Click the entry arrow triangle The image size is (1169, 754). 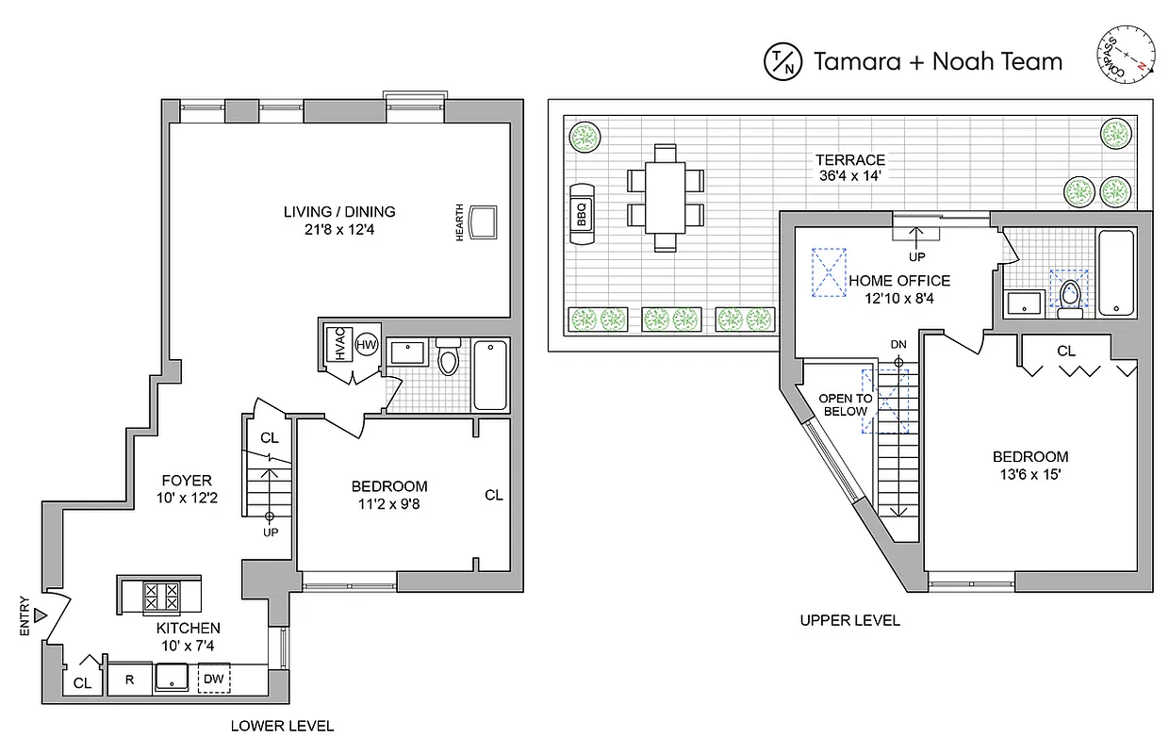pyautogui.click(x=40, y=615)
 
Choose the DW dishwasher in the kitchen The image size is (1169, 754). pyautogui.click(x=213, y=679)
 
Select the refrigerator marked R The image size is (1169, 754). pyautogui.click(x=129, y=679)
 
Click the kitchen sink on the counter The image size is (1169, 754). pyautogui.click(x=173, y=677)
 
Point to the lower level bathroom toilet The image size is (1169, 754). pyautogui.click(x=448, y=358)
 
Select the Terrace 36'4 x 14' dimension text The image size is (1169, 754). pyautogui.click(x=851, y=168)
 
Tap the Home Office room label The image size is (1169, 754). pyautogui.click(x=898, y=287)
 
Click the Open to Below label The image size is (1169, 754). pyautogui.click(x=845, y=404)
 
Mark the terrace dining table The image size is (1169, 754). pyautogui.click(x=666, y=197)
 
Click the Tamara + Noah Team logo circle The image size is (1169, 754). pyautogui.click(x=782, y=61)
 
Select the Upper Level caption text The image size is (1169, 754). pyautogui.click(x=849, y=619)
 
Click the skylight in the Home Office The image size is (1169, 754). pyautogui.click(x=830, y=272)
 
